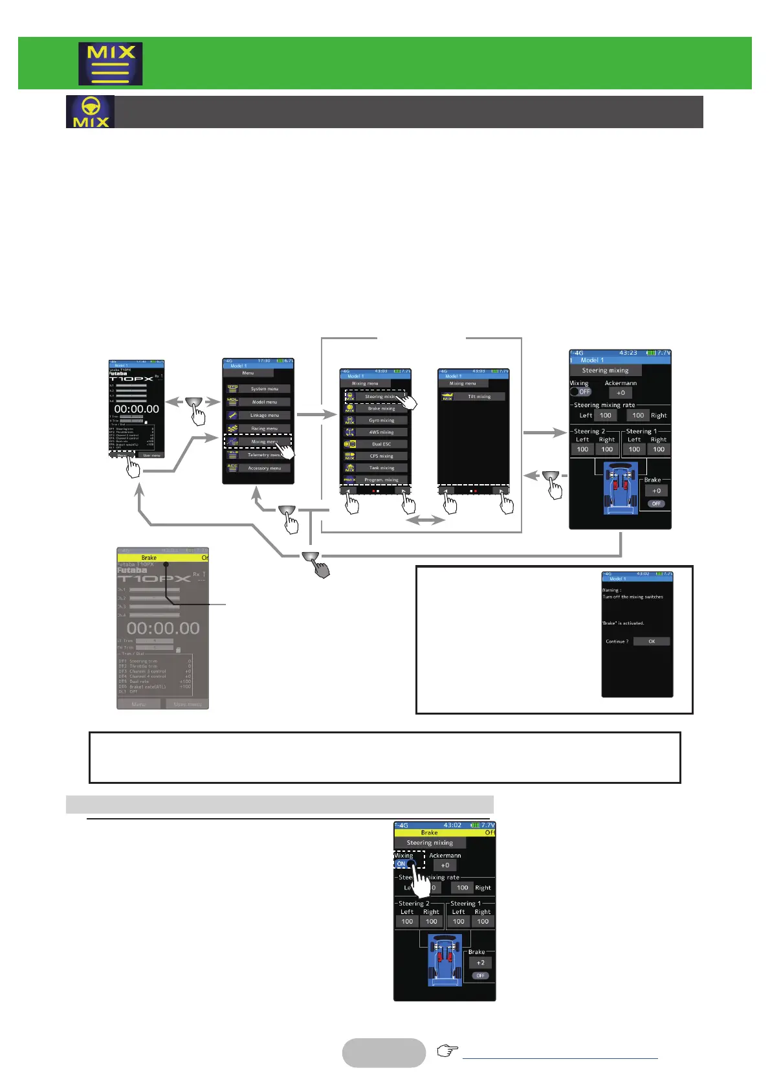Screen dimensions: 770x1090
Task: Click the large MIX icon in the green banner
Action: (111, 64)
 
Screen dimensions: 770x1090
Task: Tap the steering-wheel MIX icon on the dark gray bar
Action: (91, 112)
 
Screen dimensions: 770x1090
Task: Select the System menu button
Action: (264, 389)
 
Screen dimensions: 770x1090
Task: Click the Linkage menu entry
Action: (264, 416)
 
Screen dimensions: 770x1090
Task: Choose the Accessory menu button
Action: (264, 468)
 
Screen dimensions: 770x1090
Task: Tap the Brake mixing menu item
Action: (381, 408)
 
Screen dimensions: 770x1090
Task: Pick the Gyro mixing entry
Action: (381, 420)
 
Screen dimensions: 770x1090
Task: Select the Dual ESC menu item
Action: (381, 444)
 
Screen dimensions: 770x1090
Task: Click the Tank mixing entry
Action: (381, 467)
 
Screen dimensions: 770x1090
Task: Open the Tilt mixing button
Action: (479, 397)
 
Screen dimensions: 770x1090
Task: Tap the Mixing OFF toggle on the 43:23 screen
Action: (580, 392)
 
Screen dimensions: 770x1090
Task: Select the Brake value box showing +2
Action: (480, 962)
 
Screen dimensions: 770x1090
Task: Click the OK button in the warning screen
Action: (651, 641)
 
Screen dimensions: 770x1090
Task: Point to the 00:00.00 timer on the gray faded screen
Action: (163, 628)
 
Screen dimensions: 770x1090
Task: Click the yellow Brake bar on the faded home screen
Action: (162, 557)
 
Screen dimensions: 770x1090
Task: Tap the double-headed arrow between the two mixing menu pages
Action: (424, 520)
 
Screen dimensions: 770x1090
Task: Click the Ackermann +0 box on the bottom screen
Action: (445, 865)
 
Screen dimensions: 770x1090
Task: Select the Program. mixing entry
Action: (381, 480)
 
